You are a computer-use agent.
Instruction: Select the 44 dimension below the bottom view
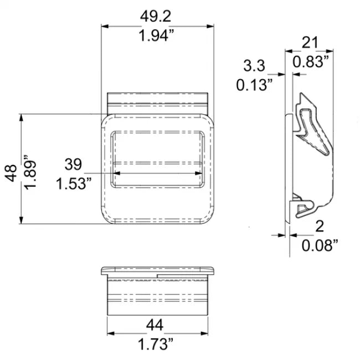156,325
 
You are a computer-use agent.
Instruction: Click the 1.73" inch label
156,344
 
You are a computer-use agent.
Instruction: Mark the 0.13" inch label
254,85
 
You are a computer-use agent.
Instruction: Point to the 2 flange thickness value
319,226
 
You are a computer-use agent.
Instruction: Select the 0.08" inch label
320,245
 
